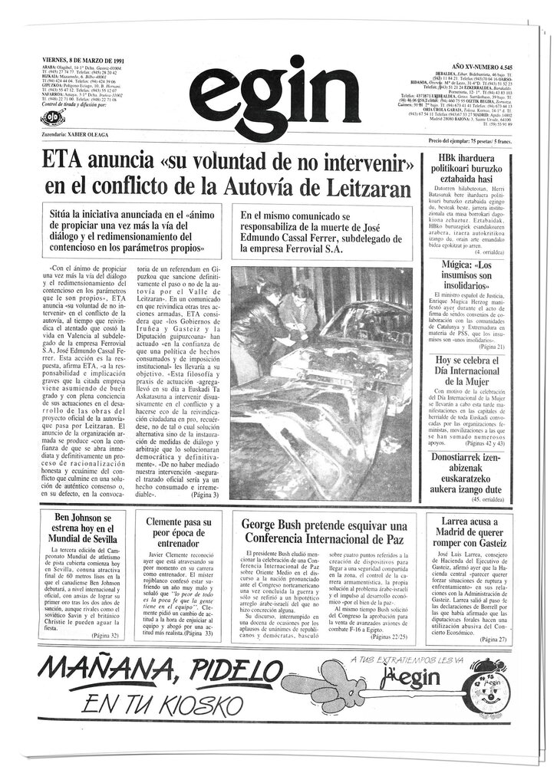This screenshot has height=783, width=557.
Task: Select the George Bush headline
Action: pyautogui.click(x=324, y=531)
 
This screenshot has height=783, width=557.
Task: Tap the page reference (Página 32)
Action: pyautogui.click(x=105, y=636)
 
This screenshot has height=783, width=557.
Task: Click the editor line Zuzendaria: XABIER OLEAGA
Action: pyautogui.click(x=76, y=133)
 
